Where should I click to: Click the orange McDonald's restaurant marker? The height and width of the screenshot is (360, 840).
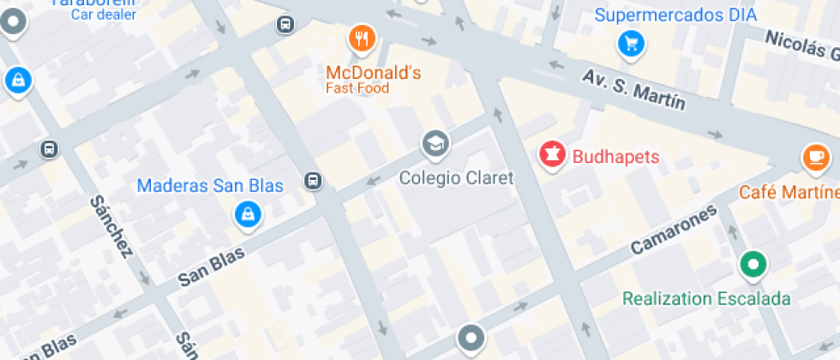pyautogui.click(x=362, y=38)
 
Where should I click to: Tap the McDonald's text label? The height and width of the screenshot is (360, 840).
pyautogui.click(x=373, y=73)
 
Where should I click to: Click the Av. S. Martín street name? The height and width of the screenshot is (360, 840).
pyautogui.click(x=634, y=89)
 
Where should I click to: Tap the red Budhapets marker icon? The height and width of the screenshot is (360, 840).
pyautogui.click(x=552, y=155)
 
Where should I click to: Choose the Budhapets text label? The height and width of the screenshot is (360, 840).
pyautogui.click(x=615, y=157)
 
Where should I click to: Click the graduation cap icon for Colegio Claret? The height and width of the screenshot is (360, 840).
pyautogui.click(x=435, y=143)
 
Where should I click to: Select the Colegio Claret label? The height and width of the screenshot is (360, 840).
pyautogui.click(x=457, y=178)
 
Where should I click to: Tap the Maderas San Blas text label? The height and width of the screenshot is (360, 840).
pyautogui.click(x=210, y=186)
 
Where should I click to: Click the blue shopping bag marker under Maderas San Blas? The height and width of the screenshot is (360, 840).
pyautogui.click(x=248, y=214)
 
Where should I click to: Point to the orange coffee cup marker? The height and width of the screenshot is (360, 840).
pyautogui.click(x=815, y=157)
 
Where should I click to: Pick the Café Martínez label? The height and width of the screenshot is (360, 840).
pyautogui.click(x=789, y=191)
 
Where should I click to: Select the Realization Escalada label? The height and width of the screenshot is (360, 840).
pyautogui.click(x=706, y=298)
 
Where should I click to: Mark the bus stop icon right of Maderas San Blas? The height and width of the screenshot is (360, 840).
pyautogui.click(x=314, y=181)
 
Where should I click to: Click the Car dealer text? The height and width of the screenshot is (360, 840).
pyautogui.click(x=103, y=14)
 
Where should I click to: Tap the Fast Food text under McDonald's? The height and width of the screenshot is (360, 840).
pyautogui.click(x=357, y=88)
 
